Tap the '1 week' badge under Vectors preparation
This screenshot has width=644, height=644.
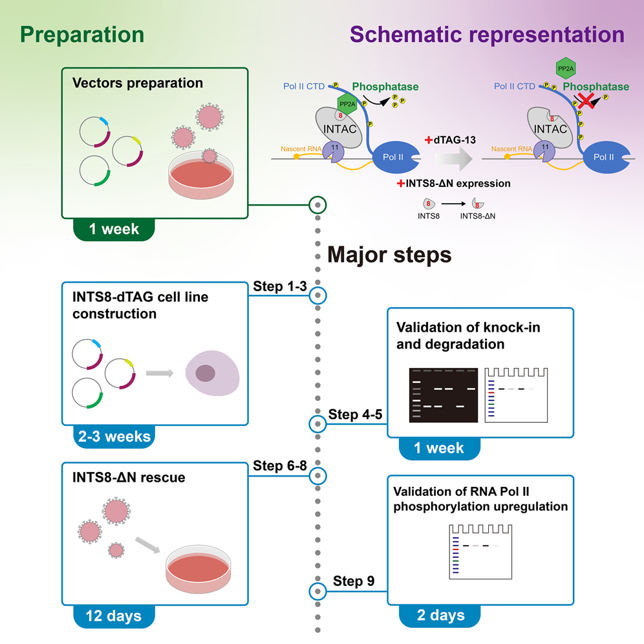pyautogui.click(x=114, y=229)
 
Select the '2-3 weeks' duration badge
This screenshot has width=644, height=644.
pyautogui.click(x=115, y=436)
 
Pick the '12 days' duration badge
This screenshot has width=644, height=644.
pyautogui.click(x=115, y=616)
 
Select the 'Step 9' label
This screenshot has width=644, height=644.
pyautogui.click(x=354, y=581)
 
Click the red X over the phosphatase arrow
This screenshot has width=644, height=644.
pyautogui.click(x=586, y=100)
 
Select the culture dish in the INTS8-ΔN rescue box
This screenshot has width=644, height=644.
pyautogui.click(x=198, y=565)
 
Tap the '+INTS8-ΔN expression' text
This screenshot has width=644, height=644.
pyautogui.click(x=457, y=184)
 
